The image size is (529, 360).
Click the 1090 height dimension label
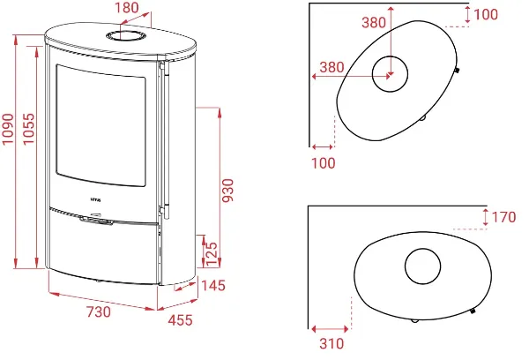pos(8,129)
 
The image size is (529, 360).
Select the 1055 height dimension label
pos(28,129)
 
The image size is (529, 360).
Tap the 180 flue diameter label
pos(127,7)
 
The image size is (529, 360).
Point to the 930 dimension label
pos(228,191)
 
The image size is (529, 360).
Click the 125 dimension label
pos(212,254)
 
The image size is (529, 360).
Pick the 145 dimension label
pos(213,286)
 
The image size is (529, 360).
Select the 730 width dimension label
pos(99,311)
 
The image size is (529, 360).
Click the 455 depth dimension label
pos(180,320)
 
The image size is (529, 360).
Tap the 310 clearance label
pos(332,343)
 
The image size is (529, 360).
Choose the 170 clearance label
pos(503,217)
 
